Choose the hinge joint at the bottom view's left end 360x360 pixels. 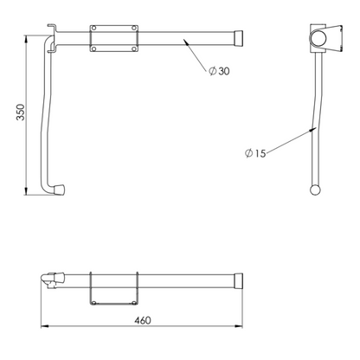[x=52, y=281]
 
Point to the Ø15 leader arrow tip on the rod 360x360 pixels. [x=312, y=130]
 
